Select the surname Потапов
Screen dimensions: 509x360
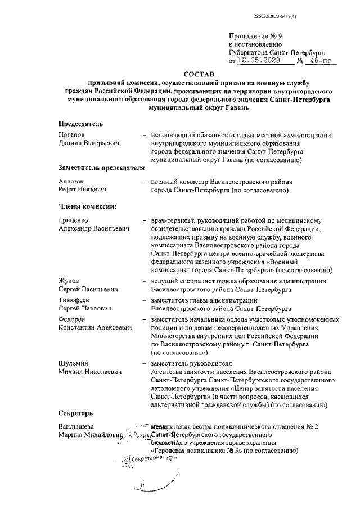[71, 135]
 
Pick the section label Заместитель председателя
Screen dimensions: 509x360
[98, 168]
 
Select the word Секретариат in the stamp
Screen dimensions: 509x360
[145, 458]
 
